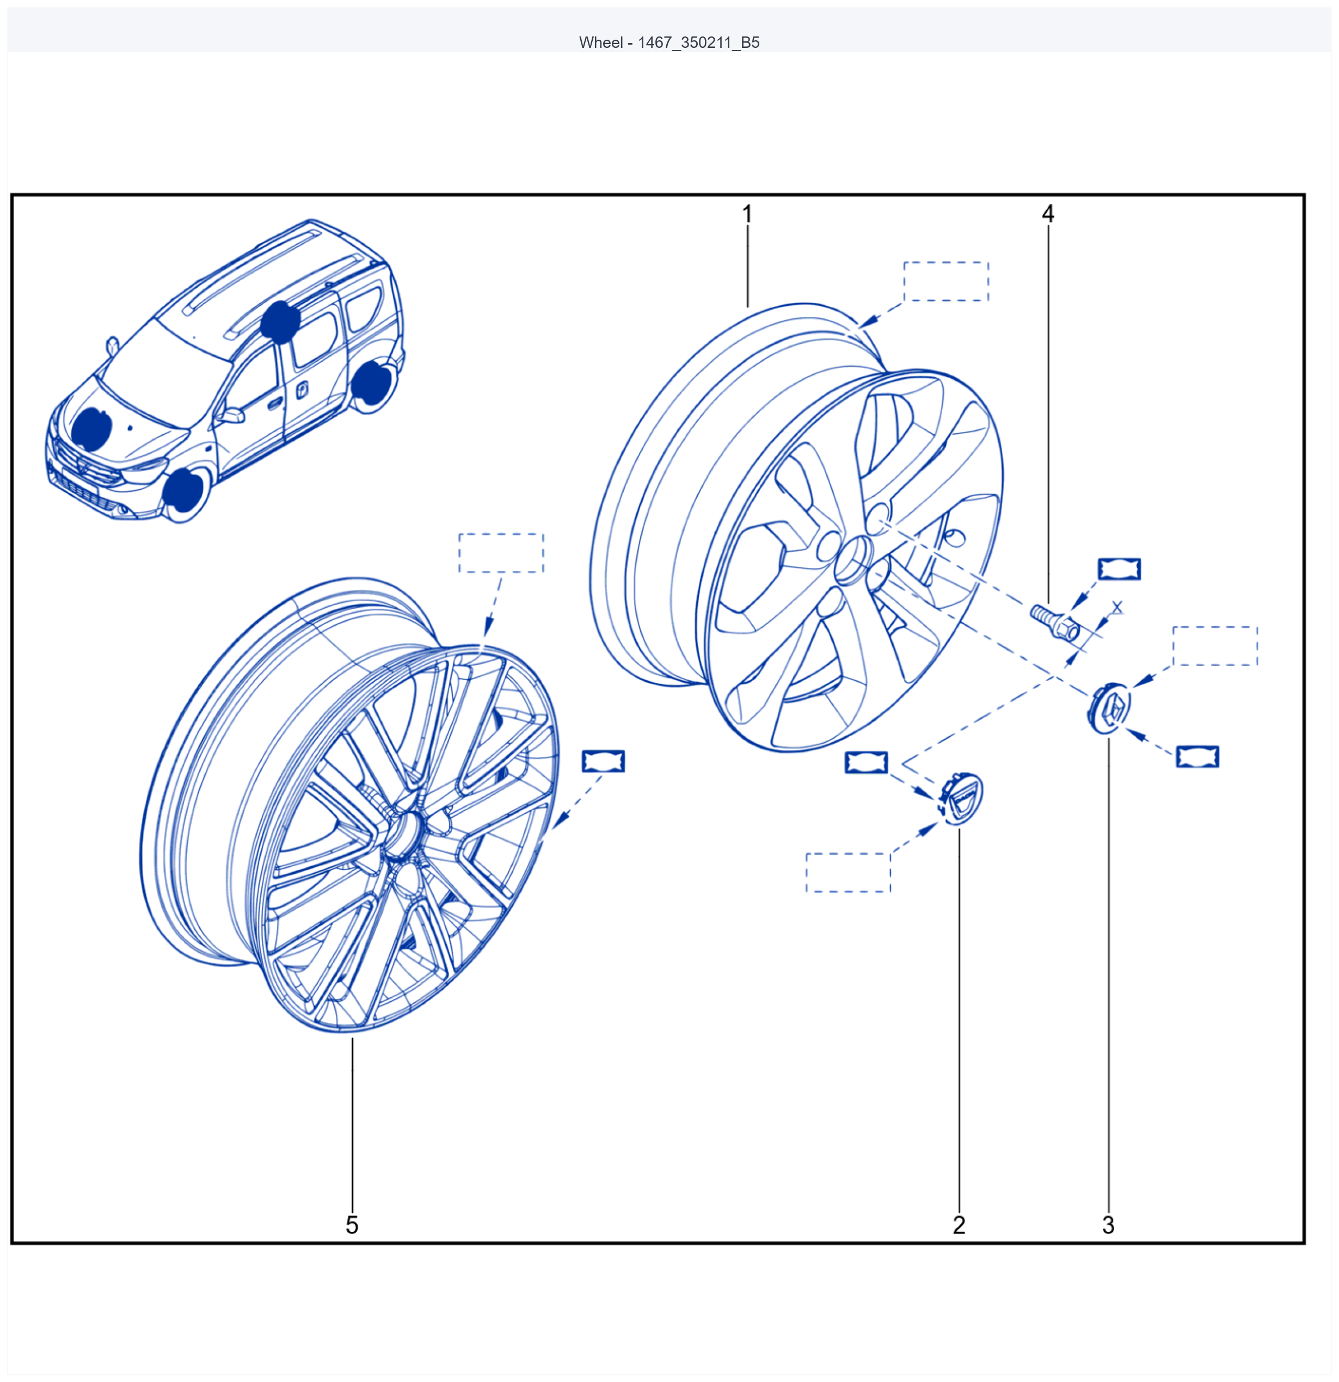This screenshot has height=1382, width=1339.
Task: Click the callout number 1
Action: click(747, 214)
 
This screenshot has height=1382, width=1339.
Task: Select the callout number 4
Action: click(1048, 214)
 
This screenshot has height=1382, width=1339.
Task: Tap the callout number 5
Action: click(352, 1225)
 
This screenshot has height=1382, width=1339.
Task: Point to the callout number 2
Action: click(959, 1225)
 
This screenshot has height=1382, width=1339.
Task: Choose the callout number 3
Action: click(1108, 1225)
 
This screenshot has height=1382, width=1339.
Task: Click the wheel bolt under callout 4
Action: click(1055, 622)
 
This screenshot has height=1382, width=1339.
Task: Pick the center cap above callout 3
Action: click(1109, 707)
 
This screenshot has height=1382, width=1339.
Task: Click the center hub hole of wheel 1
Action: click(853, 560)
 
